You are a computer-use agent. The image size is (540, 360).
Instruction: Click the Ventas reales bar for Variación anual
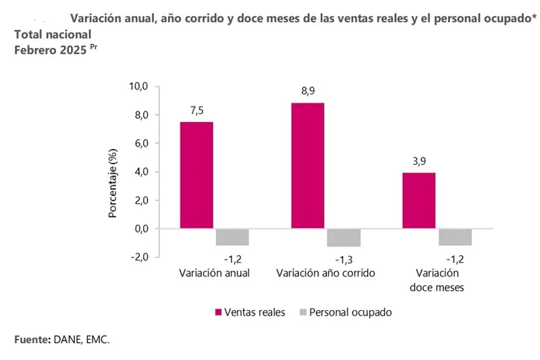(x=196, y=175)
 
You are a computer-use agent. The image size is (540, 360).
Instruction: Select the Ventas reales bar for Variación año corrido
(x=308, y=165)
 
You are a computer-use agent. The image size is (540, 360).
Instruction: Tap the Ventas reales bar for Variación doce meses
(x=418, y=201)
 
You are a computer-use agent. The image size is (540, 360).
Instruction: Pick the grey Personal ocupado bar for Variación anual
(x=232, y=236)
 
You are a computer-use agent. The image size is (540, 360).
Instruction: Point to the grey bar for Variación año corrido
(x=344, y=237)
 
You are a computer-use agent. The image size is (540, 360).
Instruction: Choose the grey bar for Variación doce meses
(x=455, y=236)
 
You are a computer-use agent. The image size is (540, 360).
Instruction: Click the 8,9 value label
(x=308, y=92)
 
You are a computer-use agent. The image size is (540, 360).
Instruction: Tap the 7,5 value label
(x=196, y=111)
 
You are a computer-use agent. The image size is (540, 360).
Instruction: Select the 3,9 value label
(x=418, y=162)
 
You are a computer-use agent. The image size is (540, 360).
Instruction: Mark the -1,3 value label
(x=344, y=259)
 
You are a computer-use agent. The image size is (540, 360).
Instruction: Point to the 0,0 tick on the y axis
(x=141, y=228)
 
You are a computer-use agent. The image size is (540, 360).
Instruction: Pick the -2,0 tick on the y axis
(x=140, y=257)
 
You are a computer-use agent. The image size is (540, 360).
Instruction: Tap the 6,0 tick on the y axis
(x=141, y=143)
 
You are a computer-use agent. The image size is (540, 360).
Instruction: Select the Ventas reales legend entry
(x=250, y=312)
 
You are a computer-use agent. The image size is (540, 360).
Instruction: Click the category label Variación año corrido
(x=325, y=274)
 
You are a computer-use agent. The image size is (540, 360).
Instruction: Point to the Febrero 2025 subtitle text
(x=47, y=49)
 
